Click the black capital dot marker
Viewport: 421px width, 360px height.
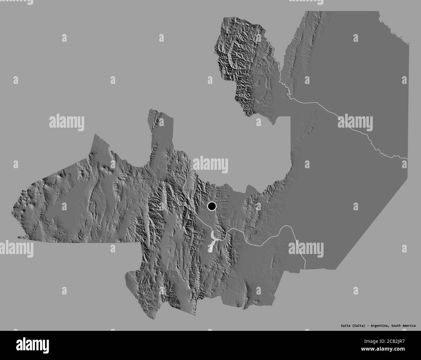coord(212,206)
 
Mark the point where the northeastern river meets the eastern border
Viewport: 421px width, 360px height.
coord(407,158)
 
